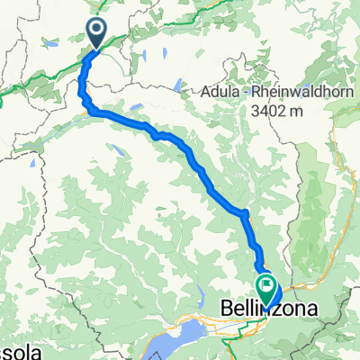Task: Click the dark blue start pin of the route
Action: (95, 33)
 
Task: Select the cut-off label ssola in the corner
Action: (15, 349)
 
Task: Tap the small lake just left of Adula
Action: (180, 87)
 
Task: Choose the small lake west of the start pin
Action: (50, 42)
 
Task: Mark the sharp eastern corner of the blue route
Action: (245, 212)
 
